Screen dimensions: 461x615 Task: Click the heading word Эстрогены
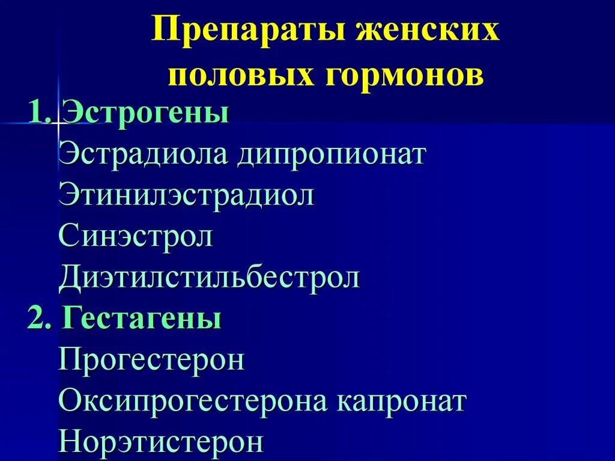tap(145, 113)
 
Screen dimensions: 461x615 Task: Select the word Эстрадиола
tap(144, 154)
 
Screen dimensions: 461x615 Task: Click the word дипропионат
tap(332, 154)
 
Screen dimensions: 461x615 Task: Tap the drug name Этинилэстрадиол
tap(187, 195)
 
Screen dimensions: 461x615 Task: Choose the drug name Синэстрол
tap(136, 236)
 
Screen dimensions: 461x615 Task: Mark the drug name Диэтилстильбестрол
tap(209, 278)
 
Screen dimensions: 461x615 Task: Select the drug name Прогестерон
tap(152, 360)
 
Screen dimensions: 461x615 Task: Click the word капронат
tap(401, 401)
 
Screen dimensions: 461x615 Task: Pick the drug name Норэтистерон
tap(161, 442)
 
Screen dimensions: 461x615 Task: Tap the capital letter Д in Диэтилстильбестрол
tap(70, 278)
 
